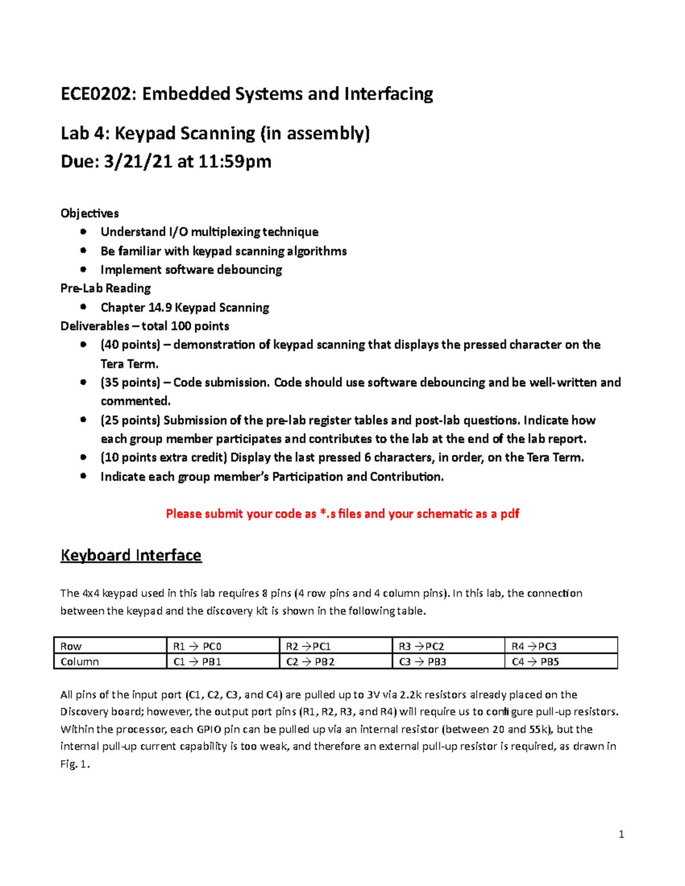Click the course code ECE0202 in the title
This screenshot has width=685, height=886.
pyautogui.click(x=96, y=94)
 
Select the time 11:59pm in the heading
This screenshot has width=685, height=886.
pyautogui.click(x=235, y=162)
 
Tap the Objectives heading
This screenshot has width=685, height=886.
pyautogui.click(x=90, y=213)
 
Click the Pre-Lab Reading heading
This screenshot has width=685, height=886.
pyautogui.click(x=106, y=288)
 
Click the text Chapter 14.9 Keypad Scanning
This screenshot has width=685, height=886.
pyautogui.click(x=184, y=308)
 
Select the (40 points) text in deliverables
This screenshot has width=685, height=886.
pyautogui.click(x=130, y=345)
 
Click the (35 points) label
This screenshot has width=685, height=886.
pyautogui.click(x=130, y=382)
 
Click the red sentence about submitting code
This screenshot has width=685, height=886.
pyautogui.click(x=342, y=513)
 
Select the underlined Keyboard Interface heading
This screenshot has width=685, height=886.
pyautogui.click(x=131, y=555)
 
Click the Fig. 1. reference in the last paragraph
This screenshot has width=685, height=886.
pyautogui.click(x=75, y=764)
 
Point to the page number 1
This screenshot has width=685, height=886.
pyautogui.click(x=621, y=835)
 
